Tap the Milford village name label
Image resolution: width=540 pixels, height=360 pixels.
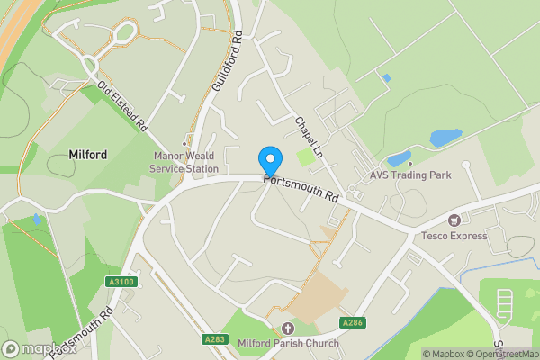(x=88, y=155)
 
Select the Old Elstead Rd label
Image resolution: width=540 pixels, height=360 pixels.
(x=122, y=108)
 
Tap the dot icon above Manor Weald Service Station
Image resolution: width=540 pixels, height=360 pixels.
(x=184, y=143)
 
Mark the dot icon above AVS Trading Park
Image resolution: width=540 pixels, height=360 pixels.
(x=410, y=163)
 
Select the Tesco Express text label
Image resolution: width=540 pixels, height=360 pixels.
(x=454, y=236)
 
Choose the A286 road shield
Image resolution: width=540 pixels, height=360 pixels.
(x=352, y=322)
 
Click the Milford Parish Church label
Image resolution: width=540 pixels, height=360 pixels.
(x=288, y=343)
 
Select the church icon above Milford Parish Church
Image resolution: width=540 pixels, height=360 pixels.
(x=288, y=328)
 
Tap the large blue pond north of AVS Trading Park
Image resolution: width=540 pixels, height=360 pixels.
(x=445, y=138)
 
